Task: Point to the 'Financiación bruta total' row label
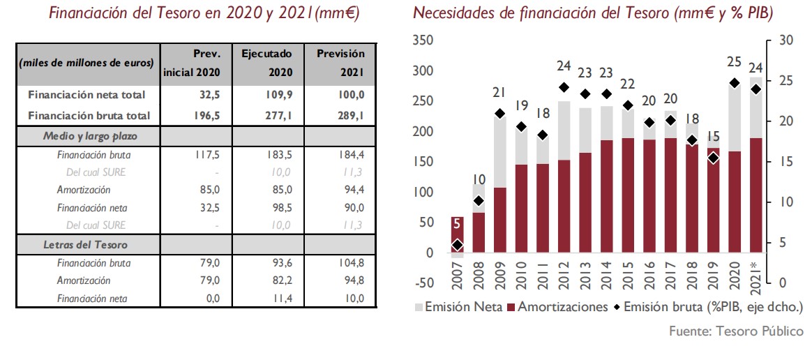click(x=89, y=115)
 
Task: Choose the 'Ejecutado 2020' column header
click(x=266, y=62)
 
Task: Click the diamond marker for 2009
click(x=500, y=114)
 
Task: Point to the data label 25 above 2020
click(x=734, y=62)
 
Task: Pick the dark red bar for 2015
click(x=628, y=195)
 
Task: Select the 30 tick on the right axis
click(x=786, y=41)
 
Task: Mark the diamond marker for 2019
click(x=713, y=158)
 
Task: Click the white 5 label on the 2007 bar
click(x=456, y=225)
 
